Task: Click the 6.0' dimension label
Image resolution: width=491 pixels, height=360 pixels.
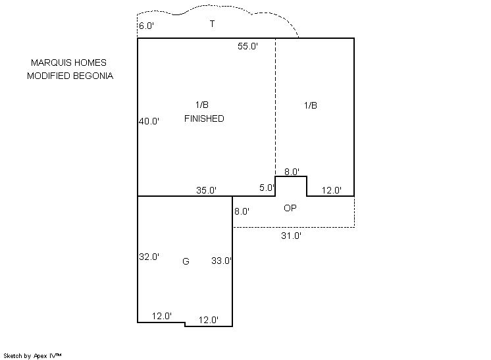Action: click(146, 26)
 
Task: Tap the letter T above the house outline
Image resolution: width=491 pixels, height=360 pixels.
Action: click(212, 24)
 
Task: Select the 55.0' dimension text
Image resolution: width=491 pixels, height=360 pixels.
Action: click(247, 46)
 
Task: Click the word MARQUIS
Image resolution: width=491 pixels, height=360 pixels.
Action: click(51, 63)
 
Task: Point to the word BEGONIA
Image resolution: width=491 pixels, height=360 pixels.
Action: click(93, 76)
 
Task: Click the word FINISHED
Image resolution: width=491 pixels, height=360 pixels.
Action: click(204, 118)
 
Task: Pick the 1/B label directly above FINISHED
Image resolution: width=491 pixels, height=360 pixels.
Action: click(202, 105)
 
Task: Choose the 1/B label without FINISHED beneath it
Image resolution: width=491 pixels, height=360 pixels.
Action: click(311, 105)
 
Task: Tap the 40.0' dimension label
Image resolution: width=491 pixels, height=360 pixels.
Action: click(149, 121)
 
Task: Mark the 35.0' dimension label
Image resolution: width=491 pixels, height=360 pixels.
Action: click(207, 190)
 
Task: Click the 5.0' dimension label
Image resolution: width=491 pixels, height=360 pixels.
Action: click(267, 188)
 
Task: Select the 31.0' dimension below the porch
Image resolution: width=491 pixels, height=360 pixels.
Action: click(291, 236)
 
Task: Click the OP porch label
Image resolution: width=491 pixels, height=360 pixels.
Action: click(290, 208)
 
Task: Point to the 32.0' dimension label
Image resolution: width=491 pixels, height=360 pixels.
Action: click(149, 257)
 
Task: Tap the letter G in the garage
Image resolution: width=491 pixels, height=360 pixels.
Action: click(186, 261)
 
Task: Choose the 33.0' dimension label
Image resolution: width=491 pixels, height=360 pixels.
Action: click(221, 261)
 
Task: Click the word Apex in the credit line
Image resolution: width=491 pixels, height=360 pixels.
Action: click(40, 356)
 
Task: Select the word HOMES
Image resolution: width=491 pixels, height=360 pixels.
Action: click(90, 63)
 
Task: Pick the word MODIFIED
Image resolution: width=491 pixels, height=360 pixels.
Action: click(49, 76)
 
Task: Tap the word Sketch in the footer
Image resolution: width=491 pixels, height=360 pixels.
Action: click(13, 356)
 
